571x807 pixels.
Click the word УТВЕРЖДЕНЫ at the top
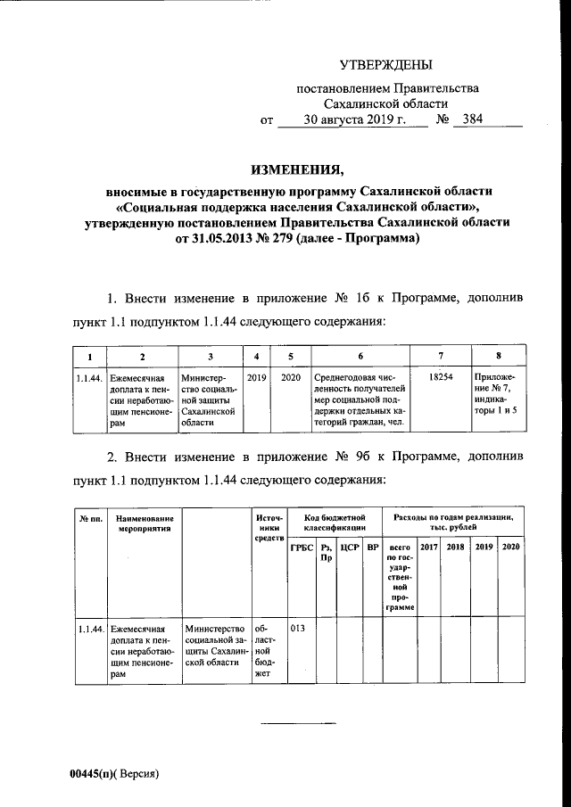tap(386, 64)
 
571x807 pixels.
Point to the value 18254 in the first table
tap(441, 378)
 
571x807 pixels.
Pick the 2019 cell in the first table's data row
tap(257, 378)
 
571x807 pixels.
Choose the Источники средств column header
tap(269, 529)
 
